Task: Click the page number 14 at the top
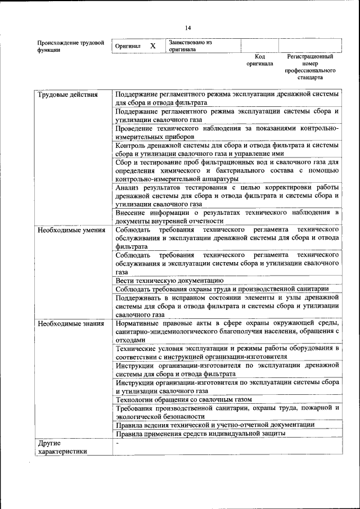(188, 28)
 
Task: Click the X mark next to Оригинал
(152, 46)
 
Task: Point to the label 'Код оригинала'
(259, 60)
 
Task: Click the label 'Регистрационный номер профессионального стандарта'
(310, 67)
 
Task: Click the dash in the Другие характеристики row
(116, 444)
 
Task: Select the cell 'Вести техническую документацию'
(170, 280)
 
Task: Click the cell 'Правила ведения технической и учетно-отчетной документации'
(215, 425)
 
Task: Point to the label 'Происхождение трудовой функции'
(70, 46)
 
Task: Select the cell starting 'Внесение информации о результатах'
(227, 217)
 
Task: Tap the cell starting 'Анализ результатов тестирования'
(227, 195)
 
